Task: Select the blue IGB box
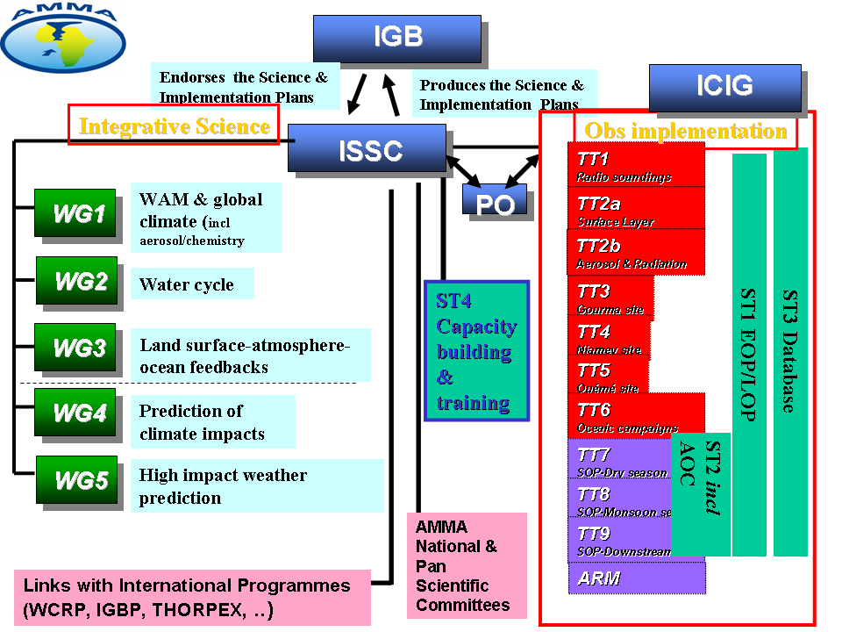pyautogui.click(x=397, y=38)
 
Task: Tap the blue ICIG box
pyautogui.click(x=724, y=87)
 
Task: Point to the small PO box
pyautogui.click(x=495, y=201)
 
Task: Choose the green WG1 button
pyautogui.click(x=75, y=213)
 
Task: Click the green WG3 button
pyautogui.click(x=75, y=348)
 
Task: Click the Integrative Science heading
pyautogui.click(x=174, y=126)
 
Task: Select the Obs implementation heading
pyautogui.click(x=686, y=131)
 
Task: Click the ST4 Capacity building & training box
pyautogui.click(x=476, y=351)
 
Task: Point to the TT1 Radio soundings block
pyautogui.click(x=636, y=164)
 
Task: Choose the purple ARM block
pyautogui.click(x=636, y=578)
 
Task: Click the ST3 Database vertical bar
pyautogui.click(x=790, y=351)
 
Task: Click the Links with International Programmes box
pyautogui.click(x=192, y=597)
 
